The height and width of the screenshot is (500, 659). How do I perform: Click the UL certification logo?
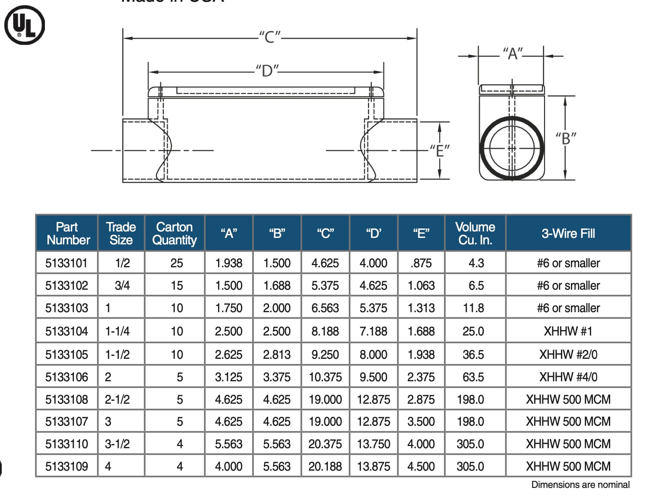tap(25, 25)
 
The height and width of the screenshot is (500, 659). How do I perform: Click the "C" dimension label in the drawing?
tap(269, 37)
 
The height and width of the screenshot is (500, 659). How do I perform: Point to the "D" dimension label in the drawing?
tap(267, 71)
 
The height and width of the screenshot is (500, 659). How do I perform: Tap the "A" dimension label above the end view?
tap(513, 54)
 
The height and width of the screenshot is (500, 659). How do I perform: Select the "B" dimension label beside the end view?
tap(566, 139)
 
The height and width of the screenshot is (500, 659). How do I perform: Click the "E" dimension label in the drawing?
tap(440, 151)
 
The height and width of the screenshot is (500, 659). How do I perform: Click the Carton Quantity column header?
tap(174, 233)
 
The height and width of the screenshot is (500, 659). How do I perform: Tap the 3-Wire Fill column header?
tap(568, 233)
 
